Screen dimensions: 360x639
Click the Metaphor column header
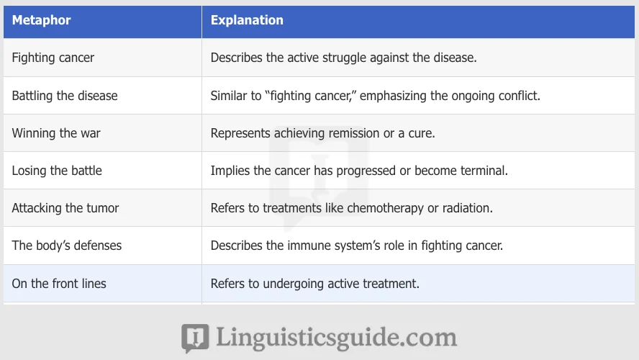41,20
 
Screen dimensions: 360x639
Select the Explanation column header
247,20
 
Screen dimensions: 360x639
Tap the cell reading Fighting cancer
53,58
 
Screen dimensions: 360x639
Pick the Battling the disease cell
65,95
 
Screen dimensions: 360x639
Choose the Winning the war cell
56,133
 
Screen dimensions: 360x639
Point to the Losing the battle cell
57,171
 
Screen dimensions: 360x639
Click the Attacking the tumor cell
65,208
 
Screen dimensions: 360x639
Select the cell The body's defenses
67,246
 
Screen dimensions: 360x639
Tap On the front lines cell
59,284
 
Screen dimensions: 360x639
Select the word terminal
482,171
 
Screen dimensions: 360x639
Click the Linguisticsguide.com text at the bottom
335,337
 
